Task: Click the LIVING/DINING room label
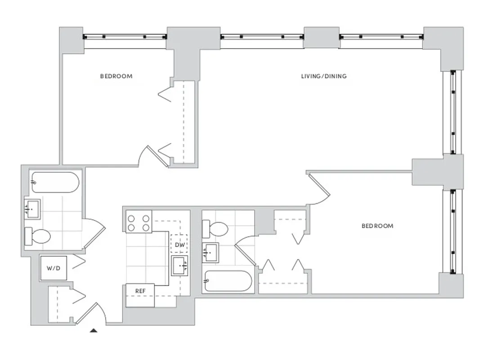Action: (x=324, y=76)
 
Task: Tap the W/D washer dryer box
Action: (x=54, y=268)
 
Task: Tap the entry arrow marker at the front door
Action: (x=94, y=331)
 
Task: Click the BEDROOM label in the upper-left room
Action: (x=116, y=76)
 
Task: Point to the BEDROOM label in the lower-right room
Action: (x=377, y=225)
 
